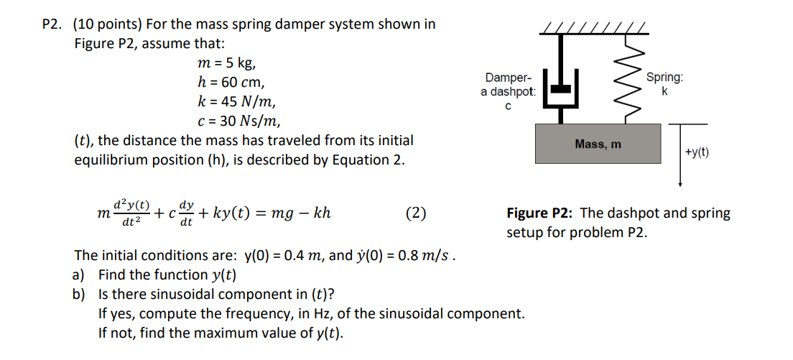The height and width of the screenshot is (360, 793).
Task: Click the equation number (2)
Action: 416,213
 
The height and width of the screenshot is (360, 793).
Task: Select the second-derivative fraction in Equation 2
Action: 130,213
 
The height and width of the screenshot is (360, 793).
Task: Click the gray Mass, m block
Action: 598,144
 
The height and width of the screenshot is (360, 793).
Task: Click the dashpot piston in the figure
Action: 562,88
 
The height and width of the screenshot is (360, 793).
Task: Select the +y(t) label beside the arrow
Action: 697,152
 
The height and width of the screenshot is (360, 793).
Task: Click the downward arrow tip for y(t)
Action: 680,184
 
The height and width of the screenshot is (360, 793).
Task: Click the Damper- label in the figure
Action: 508,78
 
